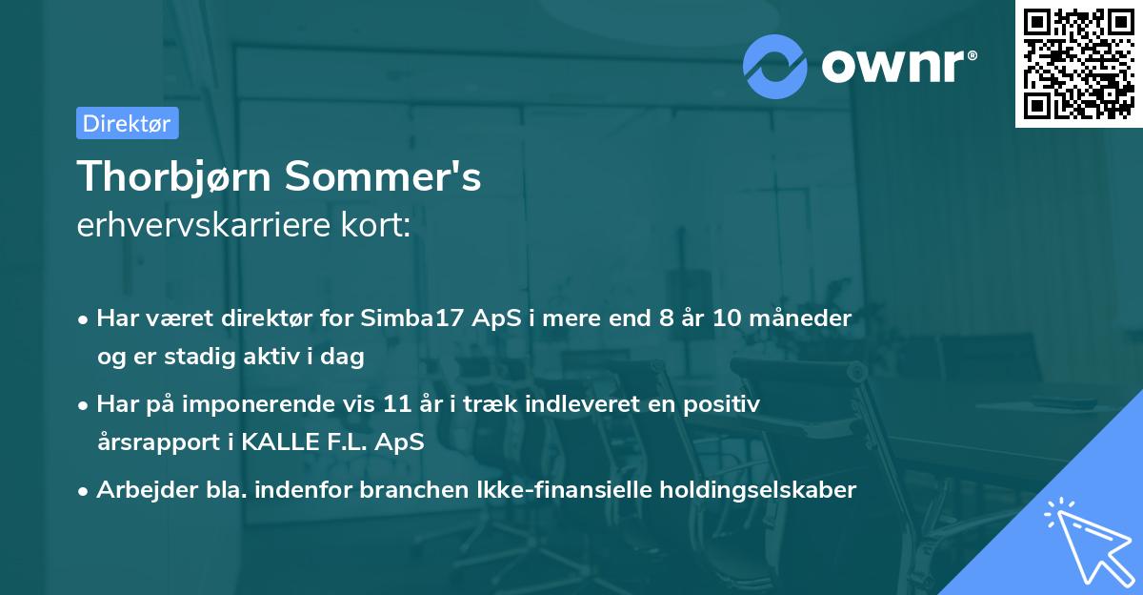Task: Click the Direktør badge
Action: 127,123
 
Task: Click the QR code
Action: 1078,63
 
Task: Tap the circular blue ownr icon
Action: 775,66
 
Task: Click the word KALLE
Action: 271,442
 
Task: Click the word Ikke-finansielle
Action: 570,490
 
